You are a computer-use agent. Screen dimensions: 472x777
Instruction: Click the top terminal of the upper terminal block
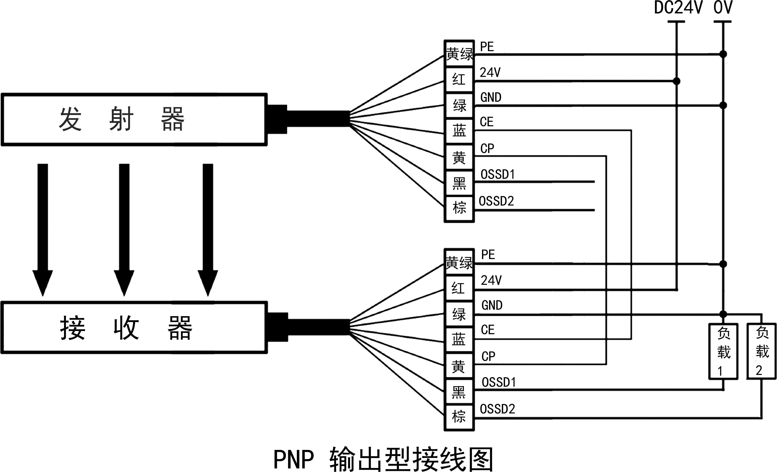tap(459, 54)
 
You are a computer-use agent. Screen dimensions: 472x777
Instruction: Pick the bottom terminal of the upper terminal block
tap(459, 208)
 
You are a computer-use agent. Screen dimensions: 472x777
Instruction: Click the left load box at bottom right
tap(724, 351)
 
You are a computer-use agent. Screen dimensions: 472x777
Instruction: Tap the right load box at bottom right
tap(762, 351)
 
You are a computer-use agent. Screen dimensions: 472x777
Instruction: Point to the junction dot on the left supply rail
tap(676, 81)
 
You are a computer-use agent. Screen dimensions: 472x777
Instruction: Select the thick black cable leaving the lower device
tap(319, 327)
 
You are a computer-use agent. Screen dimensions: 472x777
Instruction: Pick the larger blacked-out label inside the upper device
tap(96, 118)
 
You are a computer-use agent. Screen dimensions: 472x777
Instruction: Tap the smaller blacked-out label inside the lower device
tap(180, 327)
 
